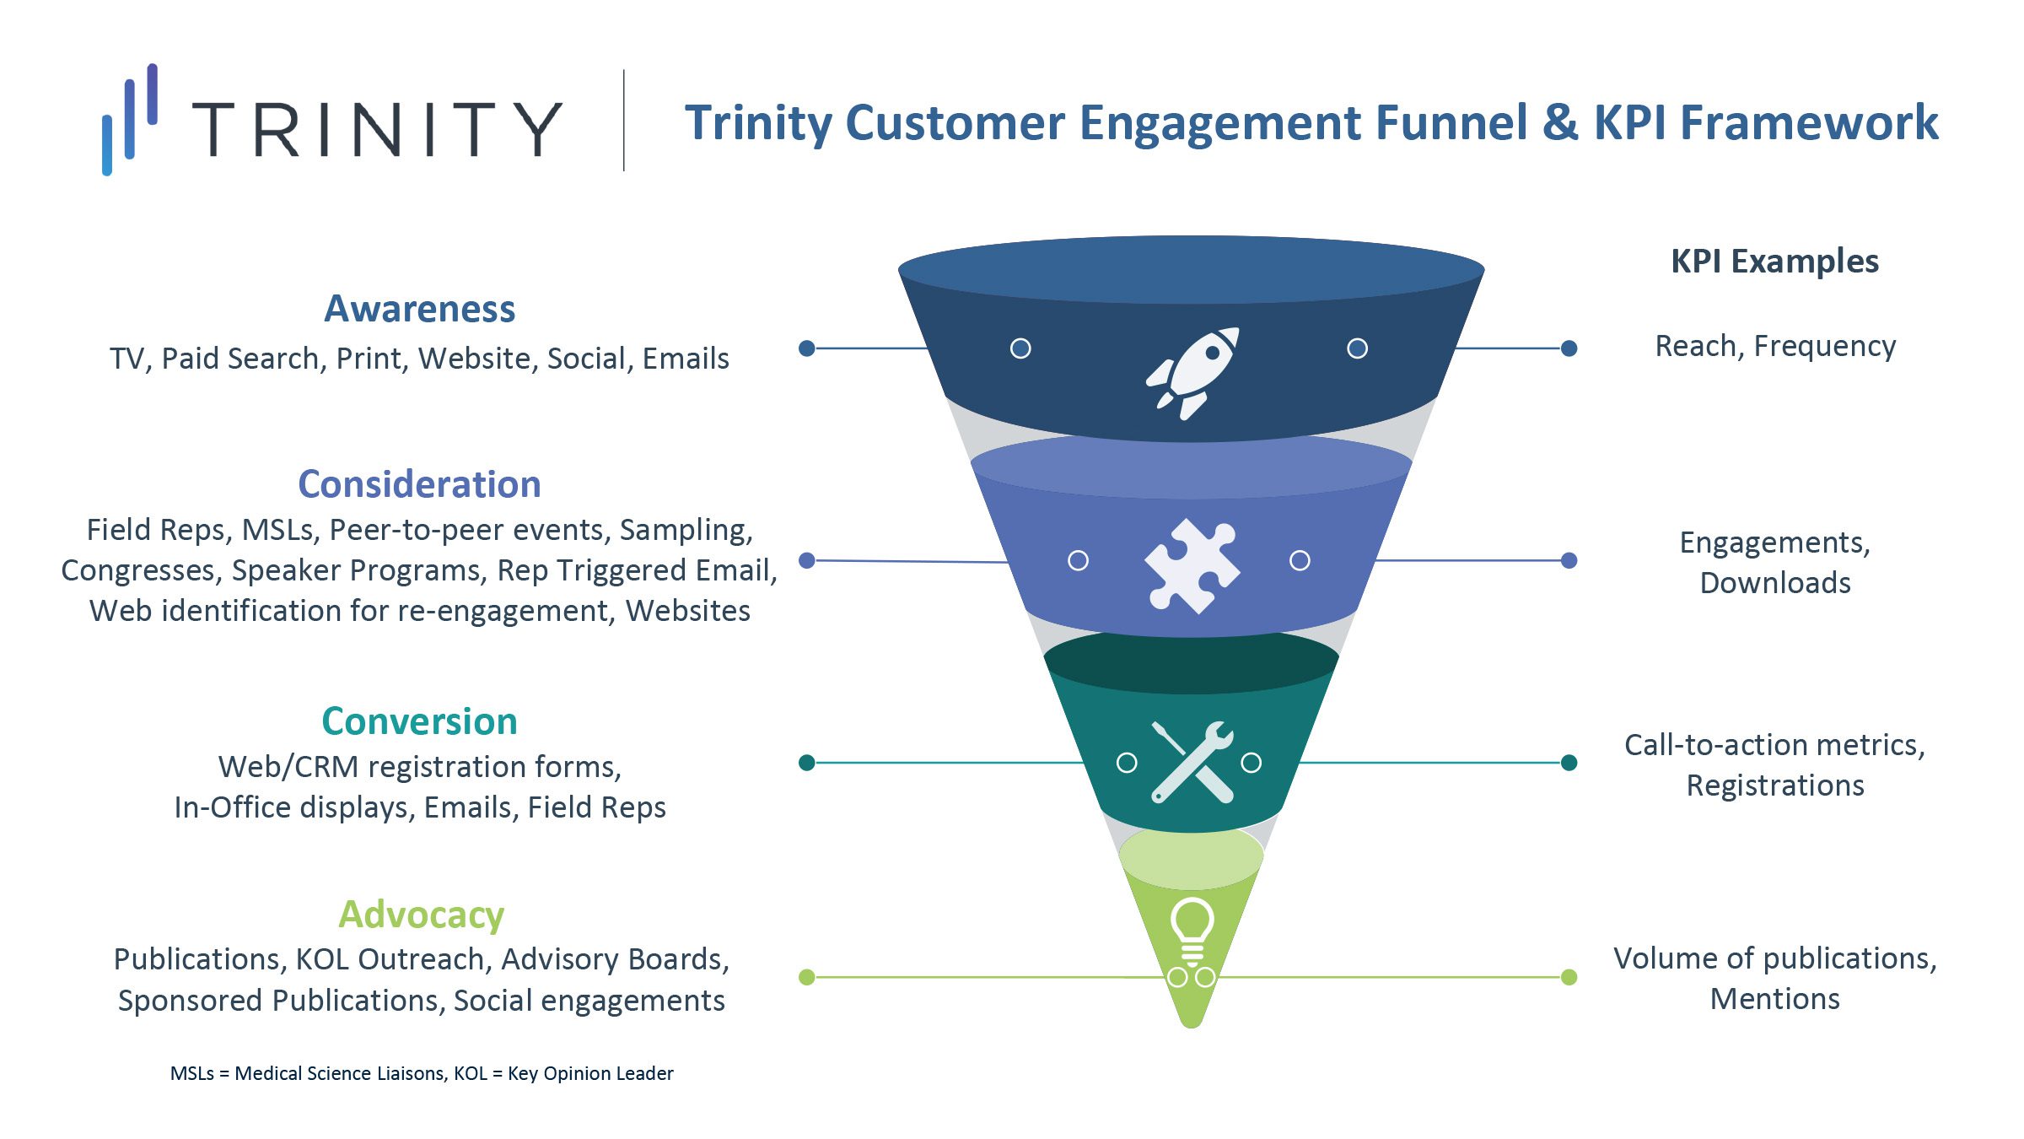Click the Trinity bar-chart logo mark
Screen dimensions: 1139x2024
pos(129,119)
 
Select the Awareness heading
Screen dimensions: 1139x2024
pos(419,309)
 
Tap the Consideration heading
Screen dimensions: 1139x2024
pos(419,484)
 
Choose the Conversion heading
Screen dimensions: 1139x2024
pos(419,721)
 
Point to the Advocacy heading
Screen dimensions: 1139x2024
pos(421,915)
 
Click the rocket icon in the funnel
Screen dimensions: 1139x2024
pos(1192,372)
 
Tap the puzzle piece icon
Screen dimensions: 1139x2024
pos(1191,564)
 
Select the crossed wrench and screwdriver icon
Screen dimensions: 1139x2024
pos(1192,762)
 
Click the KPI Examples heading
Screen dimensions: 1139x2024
pos(1774,262)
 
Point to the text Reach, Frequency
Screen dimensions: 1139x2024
pos(1775,347)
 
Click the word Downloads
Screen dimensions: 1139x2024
pos(1775,583)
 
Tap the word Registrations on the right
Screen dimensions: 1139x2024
pos(1775,785)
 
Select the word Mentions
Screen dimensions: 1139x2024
pos(1775,999)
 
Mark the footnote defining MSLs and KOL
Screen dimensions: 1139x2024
pos(422,1073)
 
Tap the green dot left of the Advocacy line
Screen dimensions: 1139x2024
pos(806,977)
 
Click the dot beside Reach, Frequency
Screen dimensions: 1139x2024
pos(1569,348)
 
